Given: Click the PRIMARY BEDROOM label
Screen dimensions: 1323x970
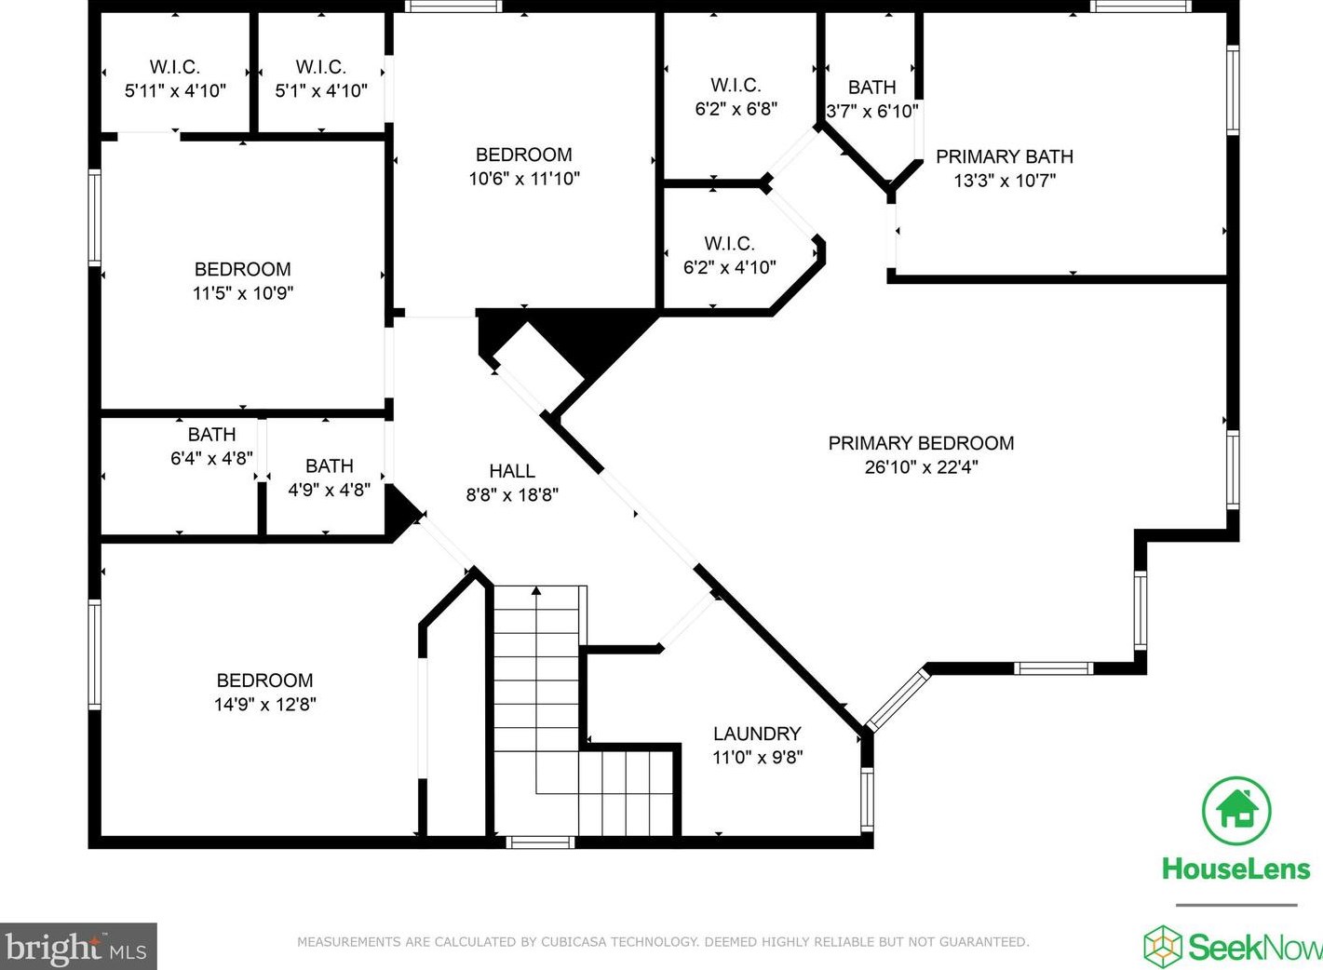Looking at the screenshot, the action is (921, 443).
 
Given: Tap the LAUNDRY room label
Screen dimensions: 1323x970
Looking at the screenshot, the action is (757, 734).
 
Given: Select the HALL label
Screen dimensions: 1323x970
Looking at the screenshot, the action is (512, 470).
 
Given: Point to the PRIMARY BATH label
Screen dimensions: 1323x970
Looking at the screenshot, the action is (1004, 156).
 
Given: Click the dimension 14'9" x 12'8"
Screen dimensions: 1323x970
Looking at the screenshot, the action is (264, 705).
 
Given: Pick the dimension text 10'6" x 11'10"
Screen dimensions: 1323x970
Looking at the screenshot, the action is (524, 179).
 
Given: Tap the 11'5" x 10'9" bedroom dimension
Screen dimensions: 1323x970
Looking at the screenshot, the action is (243, 293).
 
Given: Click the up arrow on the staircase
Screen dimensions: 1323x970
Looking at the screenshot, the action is (536, 590).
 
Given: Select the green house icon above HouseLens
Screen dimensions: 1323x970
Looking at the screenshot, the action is (1236, 811).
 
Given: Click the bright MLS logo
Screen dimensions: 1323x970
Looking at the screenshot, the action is (78, 947).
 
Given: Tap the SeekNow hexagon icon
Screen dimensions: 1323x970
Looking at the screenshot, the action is (1163, 947).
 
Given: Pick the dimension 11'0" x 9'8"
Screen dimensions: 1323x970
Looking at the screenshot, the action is (757, 757).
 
